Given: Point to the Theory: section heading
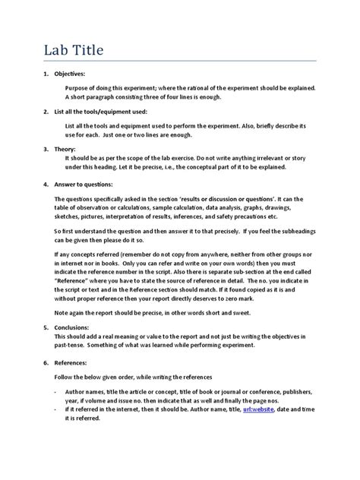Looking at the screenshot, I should click(66, 149).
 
